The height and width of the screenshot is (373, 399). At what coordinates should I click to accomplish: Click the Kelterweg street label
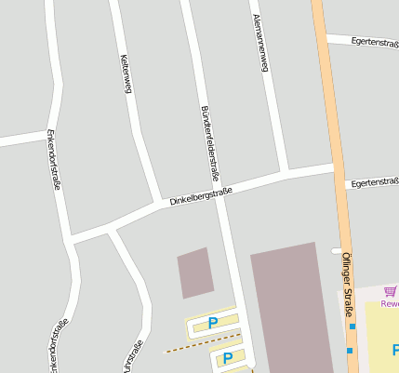click(124, 73)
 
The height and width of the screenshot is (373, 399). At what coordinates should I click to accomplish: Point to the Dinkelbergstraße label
click(200, 196)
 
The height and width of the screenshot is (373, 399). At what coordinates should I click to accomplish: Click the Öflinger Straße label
click(346, 284)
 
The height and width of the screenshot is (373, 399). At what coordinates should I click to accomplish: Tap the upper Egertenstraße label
click(375, 41)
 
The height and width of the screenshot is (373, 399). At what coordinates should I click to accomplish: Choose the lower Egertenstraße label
click(374, 183)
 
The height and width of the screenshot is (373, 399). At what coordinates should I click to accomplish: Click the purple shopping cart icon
click(391, 292)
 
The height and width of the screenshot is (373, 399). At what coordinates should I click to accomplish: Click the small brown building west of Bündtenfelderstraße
click(195, 273)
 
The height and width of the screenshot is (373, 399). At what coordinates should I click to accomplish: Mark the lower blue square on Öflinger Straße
click(350, 351)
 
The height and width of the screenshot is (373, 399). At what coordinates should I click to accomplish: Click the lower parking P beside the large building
click(227, 357)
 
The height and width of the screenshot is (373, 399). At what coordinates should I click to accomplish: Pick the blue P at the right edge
click(394, 350)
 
